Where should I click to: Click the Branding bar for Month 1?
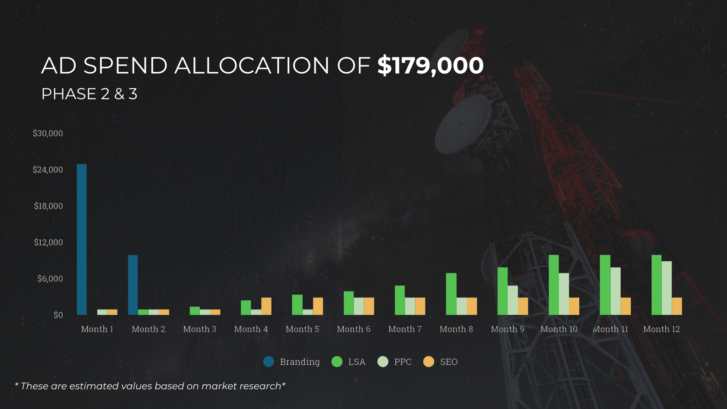coord(82,239)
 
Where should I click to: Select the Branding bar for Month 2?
coord(133,285)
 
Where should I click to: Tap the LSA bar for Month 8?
coord(451,294)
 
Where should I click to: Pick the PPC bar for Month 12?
coord(666,288)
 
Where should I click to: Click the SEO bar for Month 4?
coord(266,306)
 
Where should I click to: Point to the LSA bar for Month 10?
coord(554,285)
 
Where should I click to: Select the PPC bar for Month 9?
coord(513,300)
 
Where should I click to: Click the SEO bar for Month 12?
coord(677,306)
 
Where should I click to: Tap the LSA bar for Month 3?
coord(195,311)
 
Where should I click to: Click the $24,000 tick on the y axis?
coord(48,170)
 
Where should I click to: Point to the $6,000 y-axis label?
coord(50,279)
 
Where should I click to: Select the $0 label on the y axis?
coord(58,315)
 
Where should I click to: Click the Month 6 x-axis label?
coord(354,329)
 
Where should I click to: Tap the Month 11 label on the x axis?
coord(610,329)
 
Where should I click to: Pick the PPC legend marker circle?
coord(383,362)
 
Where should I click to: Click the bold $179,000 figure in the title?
coord(430,65)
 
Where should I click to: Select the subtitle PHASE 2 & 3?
coord(89,94)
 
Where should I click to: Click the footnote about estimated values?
coord(150,386)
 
